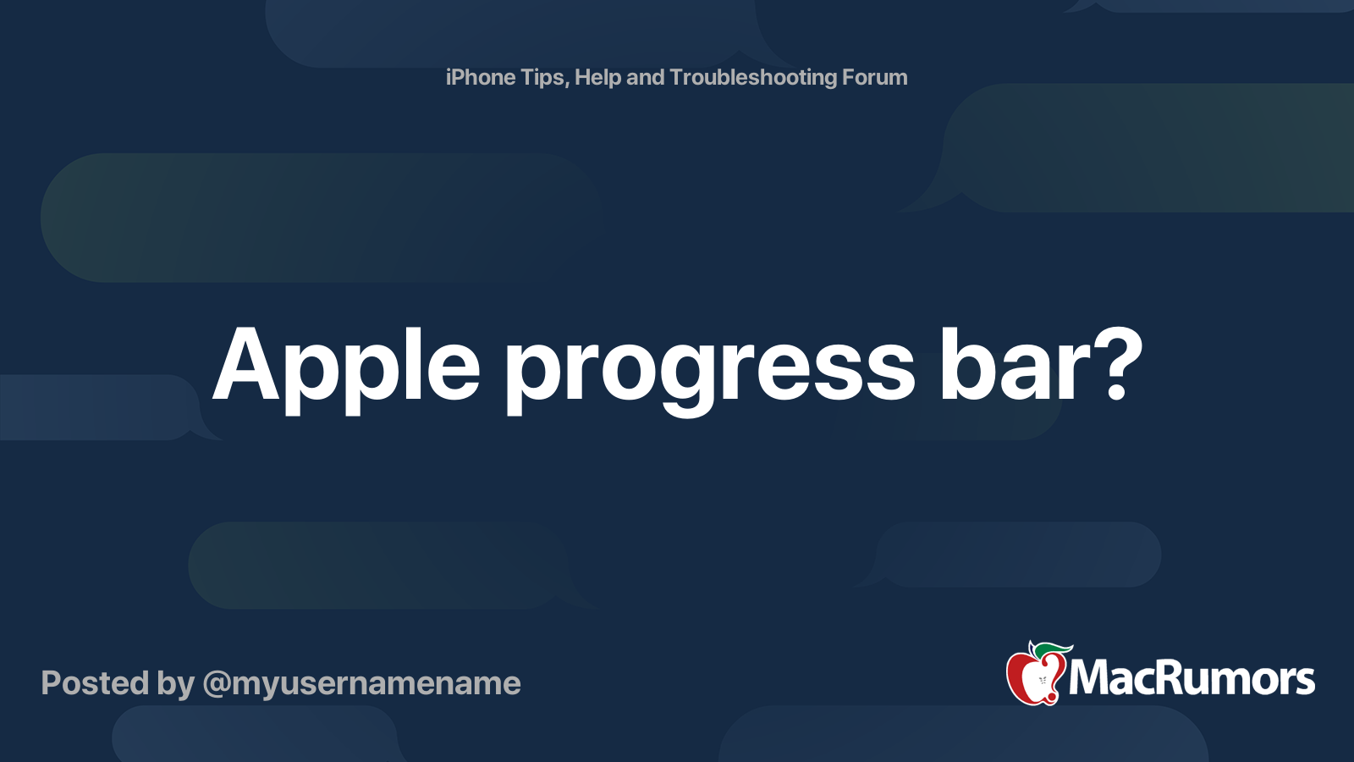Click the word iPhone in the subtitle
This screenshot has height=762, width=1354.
(481, 77)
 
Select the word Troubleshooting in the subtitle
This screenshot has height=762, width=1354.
(752, 77)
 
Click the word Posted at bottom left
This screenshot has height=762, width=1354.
(95, 683)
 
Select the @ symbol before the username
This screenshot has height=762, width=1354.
(216, 684)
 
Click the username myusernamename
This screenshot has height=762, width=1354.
(376, 684)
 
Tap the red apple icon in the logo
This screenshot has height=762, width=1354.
(1033, 677)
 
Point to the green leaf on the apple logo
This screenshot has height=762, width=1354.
(1054, 649)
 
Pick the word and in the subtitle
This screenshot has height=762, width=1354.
(645, 77)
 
